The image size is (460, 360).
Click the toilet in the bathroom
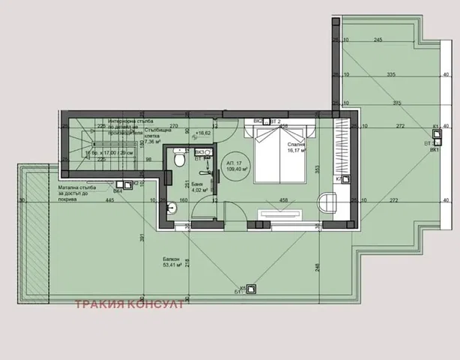pyautogui.click(x=177, y=160)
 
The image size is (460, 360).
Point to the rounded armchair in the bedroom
pyautogui.click(x=327, y=202)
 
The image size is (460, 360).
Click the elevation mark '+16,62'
pyautogui.click(x=201, y=133)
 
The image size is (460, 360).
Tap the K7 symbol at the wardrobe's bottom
pyautogui.click(x=339, y=179)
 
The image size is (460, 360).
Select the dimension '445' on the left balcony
pyautogui.click(x=89, y=201)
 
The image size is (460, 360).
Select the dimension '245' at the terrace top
pyautogui.click(x=379, y=40)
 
